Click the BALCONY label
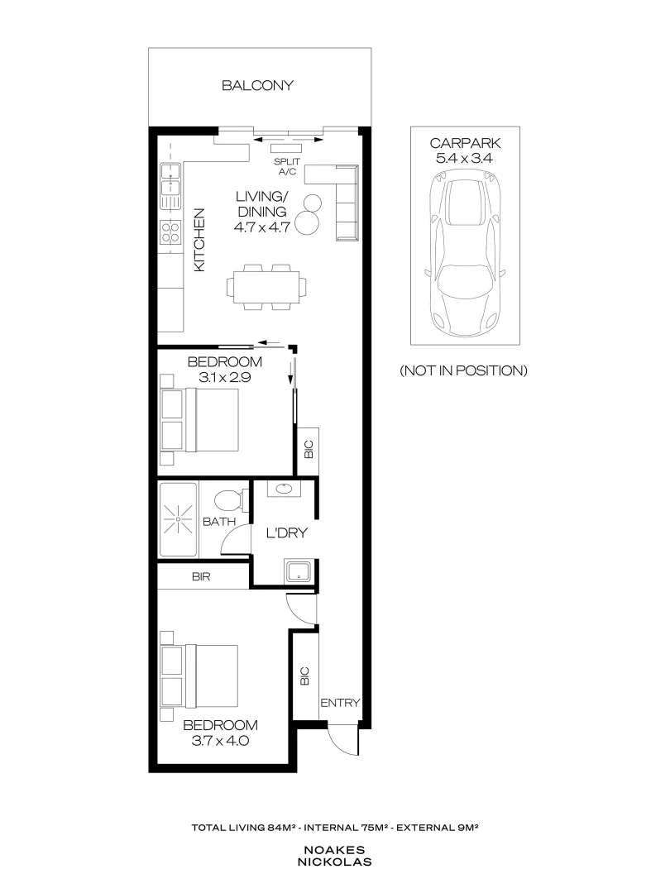click(x=257, y=85)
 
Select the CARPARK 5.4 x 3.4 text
click(x=464, y=150)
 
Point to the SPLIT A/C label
click(x=287, y=167)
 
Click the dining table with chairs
click(x=266, y=286)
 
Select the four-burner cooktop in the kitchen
click(x=170, y=232)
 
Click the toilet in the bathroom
click(x=227, y=500)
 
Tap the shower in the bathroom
click(x=178, y=523)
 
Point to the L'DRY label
click(x=286, y=533)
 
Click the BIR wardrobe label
click(x=201, y=577)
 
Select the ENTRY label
click(x=340, y=703)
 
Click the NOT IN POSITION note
click(x=463, y=370)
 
